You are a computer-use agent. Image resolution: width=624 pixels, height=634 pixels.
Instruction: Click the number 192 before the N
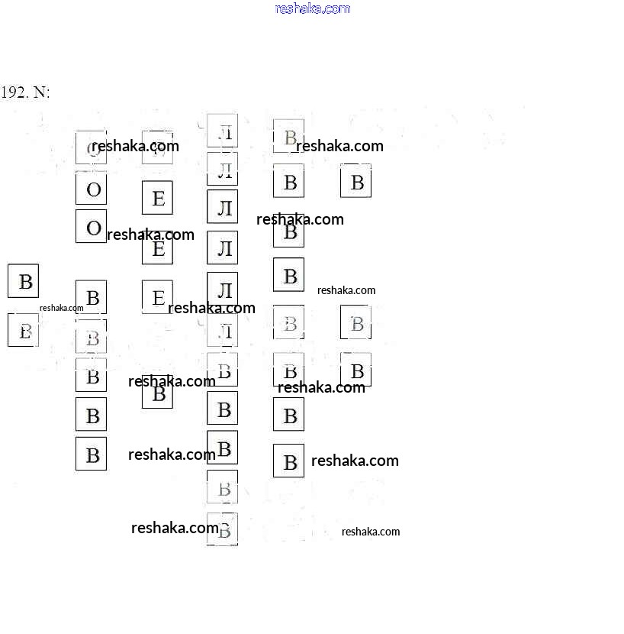pos(14,92)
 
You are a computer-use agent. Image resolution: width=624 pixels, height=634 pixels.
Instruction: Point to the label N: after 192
pos(41,92)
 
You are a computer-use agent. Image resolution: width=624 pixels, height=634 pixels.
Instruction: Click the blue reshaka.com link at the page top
pos(312,8)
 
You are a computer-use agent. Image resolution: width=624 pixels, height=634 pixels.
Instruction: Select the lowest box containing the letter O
pos(92,227)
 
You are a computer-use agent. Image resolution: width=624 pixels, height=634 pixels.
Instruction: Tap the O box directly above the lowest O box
pos(92,189)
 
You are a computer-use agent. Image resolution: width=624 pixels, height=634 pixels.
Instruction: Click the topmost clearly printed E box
pos(157,199)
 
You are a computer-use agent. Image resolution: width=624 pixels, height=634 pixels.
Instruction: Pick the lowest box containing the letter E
pos(157,297)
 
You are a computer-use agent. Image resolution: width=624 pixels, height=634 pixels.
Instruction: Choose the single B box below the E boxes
pos(157,393)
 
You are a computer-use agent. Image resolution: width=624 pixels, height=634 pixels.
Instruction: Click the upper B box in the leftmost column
pos(24,281)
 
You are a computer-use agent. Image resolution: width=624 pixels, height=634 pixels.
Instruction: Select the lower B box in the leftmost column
pos(24,331)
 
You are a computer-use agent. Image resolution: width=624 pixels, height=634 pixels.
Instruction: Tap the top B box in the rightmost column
pos(355,183)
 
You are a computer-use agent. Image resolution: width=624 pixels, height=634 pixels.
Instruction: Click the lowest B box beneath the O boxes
pos(92,454)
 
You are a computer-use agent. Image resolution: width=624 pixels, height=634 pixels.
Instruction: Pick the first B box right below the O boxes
pos(92,297)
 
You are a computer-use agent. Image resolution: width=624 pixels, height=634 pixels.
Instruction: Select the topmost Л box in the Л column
pos(223,131)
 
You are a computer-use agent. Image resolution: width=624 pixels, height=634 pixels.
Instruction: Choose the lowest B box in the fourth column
pos(288,461)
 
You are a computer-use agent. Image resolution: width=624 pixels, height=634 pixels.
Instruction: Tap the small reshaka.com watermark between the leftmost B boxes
pos(61,308)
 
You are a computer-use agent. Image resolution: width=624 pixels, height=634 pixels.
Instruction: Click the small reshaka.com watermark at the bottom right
pos(370,532)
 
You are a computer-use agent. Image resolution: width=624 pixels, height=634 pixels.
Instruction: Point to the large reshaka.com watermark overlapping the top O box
pos(135,146)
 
